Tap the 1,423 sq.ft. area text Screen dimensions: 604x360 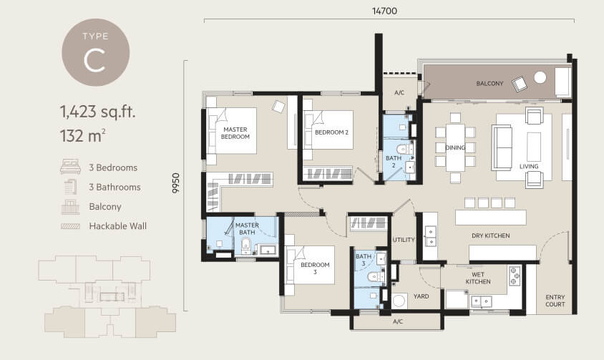tap(98, 112)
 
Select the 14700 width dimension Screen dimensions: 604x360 tap(384, 11)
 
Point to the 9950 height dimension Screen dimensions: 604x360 tap(175, 183)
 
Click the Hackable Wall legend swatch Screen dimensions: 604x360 tap(71, 226)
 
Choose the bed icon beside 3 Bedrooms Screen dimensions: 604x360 tap(71, 167)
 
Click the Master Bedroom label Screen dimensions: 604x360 tap(235, 133)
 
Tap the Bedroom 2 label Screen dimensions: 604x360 tap(331, 132)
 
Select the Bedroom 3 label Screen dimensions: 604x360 tap(315, 268)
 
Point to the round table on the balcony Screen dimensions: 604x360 tap(540, 77)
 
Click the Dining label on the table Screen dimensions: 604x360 tap(455, 147)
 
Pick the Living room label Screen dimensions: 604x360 tap(529, 166)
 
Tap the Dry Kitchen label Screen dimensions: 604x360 tap(491, 235)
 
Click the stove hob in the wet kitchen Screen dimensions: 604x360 tap(515, 276)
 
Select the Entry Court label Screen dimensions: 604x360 tap(555, 301)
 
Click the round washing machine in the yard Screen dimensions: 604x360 tap(399, 301)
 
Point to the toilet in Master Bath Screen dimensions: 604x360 tap(245, 246)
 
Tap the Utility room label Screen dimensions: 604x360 tap(404, 240)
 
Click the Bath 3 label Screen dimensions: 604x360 tap(364, 260)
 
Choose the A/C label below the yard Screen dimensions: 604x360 tap(398, 321)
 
